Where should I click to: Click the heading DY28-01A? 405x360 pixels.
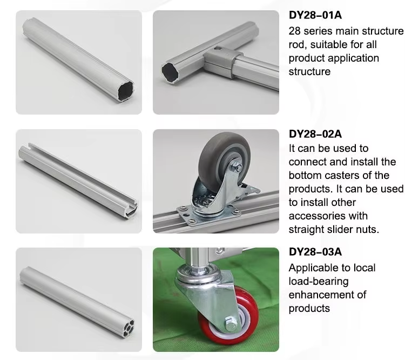(315, 15)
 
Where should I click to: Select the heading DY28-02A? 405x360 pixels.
(315, 134)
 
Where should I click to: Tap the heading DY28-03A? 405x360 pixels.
(315, 252)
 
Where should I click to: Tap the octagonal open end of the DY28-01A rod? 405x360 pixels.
(126, 90)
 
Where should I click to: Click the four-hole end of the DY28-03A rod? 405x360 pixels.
(128, 328)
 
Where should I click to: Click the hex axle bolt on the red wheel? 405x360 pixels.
(230, 323)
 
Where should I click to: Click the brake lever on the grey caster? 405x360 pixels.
(249, 190)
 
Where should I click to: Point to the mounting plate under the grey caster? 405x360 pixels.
(209, 214)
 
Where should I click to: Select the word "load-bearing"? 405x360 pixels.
(319, 282)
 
